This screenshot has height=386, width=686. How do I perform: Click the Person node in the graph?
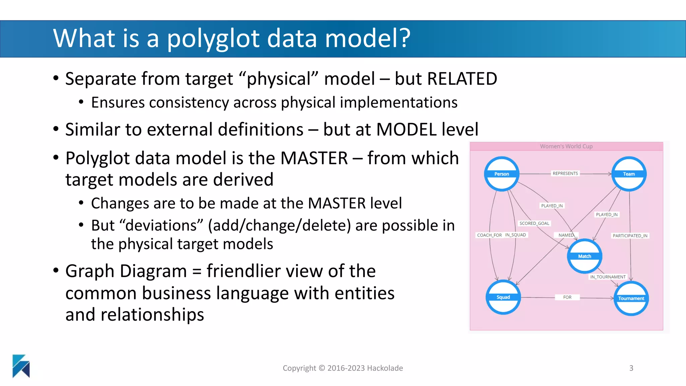501,174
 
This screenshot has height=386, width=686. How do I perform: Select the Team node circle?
629,174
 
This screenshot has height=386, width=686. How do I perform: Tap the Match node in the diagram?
585,256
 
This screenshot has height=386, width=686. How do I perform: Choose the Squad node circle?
503,297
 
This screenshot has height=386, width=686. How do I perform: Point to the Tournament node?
631,298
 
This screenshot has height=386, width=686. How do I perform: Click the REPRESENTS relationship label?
565,173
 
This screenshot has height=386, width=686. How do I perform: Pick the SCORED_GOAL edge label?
534,223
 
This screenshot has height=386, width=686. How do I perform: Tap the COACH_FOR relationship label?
489,235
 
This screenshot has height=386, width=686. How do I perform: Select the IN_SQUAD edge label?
516,235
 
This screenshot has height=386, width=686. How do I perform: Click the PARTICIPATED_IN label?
630,236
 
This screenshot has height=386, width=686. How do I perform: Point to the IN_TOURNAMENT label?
608,277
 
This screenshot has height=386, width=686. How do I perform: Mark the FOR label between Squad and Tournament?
567,297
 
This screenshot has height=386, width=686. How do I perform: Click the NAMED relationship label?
566,235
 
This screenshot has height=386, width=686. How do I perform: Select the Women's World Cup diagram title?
566,146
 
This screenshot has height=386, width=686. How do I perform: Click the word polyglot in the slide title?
213,39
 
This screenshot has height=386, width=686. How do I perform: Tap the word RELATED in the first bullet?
462,79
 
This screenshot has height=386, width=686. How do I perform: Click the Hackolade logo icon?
21,366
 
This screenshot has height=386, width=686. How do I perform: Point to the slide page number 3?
631,368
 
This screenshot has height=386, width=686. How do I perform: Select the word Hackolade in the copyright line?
385,368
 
